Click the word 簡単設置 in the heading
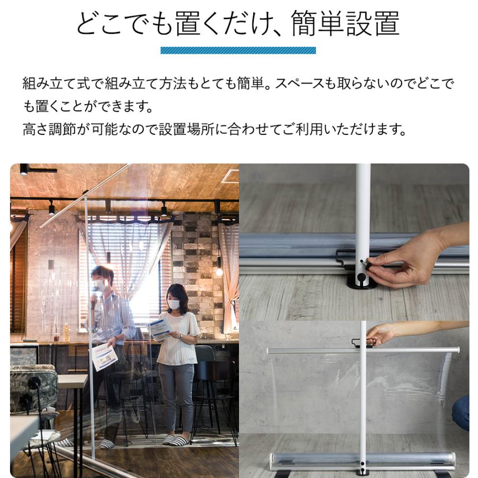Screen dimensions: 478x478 point(345,24)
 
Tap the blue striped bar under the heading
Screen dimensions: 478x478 point(238,50)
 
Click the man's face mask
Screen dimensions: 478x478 point(99,286)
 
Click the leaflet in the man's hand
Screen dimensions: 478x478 point(104,357)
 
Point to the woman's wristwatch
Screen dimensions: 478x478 point(182,336)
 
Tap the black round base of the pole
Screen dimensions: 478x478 point(362,281)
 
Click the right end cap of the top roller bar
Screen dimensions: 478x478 point(456,350)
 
